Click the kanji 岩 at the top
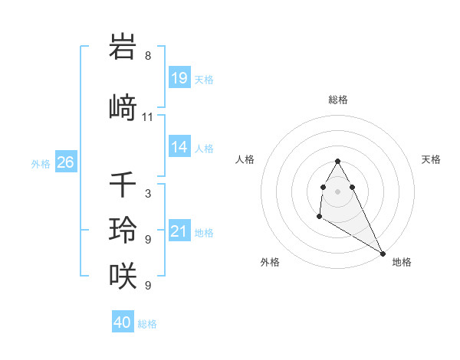point(123,47)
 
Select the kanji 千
point(123,185)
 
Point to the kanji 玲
point(123,229)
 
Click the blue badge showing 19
point(179,78)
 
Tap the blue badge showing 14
point(179,147)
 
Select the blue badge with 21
point(179,231)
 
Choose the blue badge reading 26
point(65,162)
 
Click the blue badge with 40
point(123,322)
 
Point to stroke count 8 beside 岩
point(148,56)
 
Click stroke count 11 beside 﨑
point(148,117)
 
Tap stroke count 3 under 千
point(148,194)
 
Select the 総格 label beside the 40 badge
point(148,324)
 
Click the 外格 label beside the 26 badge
point(41,163)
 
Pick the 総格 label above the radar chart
point(337,100)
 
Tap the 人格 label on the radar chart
point(245,159)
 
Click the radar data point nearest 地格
point(383,253)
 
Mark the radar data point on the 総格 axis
point(337,161)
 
